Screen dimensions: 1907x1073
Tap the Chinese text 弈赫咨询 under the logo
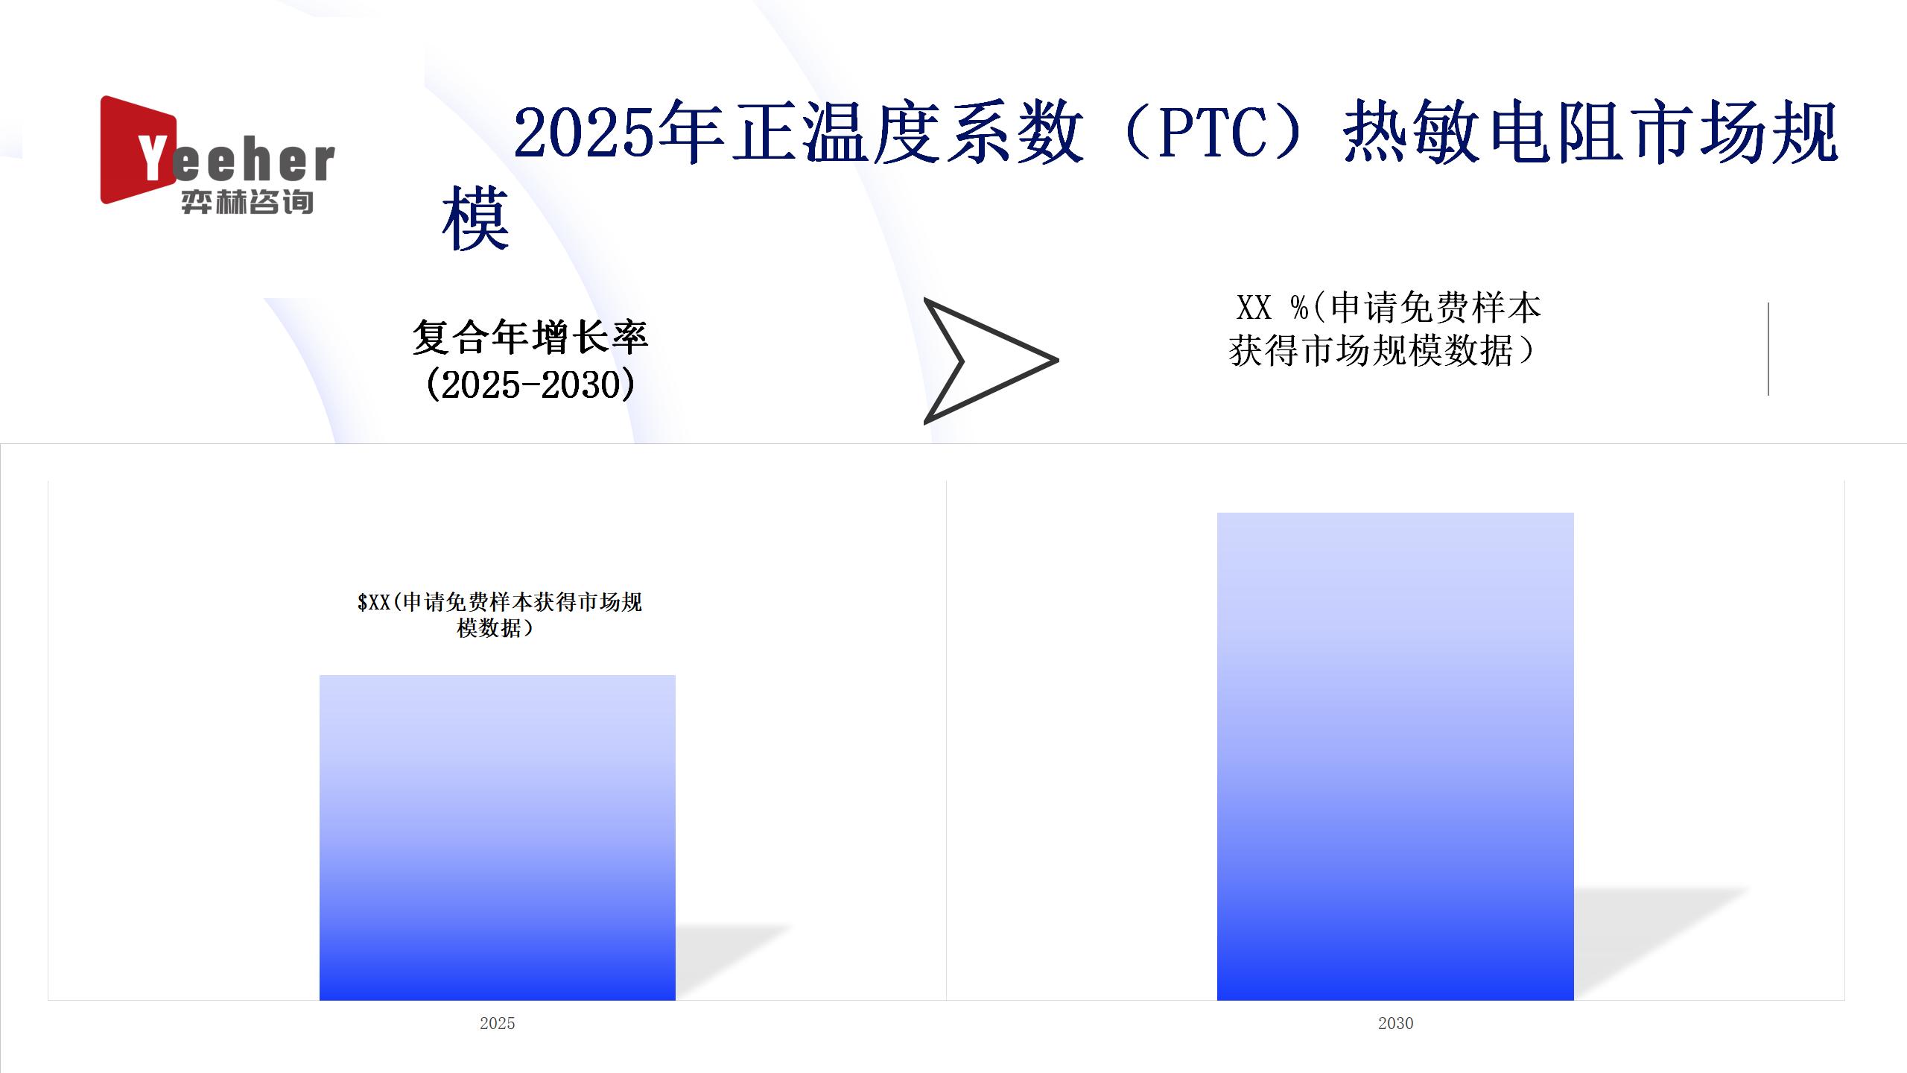click(247, 202)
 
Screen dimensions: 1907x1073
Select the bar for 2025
click(498, 838)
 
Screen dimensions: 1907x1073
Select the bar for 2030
click(1395, 756)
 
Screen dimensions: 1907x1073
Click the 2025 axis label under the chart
click(497, 1023)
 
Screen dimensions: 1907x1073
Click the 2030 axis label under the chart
click(1395, 1023)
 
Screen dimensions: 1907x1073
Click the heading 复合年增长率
click(530, 337)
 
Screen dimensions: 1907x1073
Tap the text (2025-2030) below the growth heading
click(530, 385)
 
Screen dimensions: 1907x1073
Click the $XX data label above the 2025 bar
click(499, 615)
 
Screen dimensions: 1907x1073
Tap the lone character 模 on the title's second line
click(475, 219)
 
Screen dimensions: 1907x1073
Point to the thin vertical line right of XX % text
click(1768, 349)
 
